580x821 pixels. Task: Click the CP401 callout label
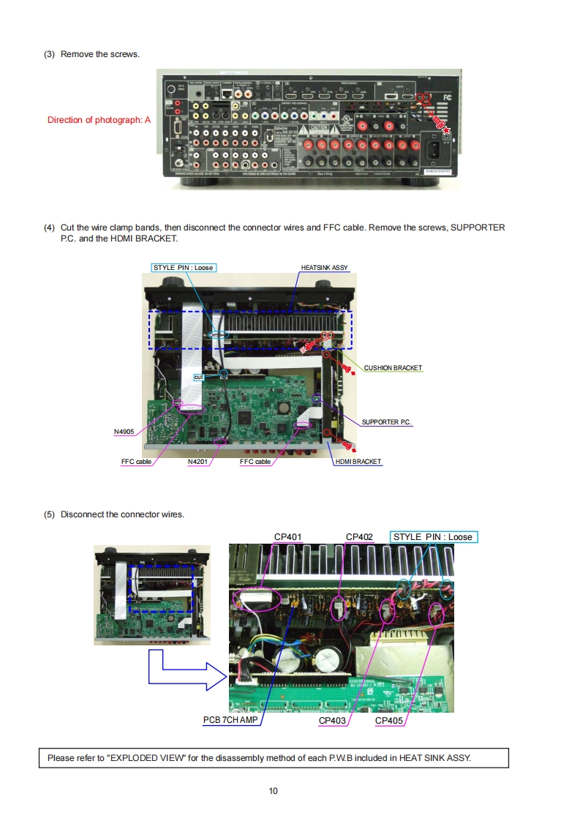point(287,537)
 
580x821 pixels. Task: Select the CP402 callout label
point(359,537)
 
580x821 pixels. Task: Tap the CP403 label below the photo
point(332,721)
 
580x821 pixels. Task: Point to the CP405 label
point(388,721)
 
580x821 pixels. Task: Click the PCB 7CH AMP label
point(230,721)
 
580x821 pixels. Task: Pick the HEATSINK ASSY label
point(324,268)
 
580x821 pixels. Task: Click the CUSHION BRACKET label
point(393,367)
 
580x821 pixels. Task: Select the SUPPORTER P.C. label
point(386,422)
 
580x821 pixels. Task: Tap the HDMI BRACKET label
point(358,462)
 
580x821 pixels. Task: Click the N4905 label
point(124,432)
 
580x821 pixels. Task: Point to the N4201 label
point(197,462)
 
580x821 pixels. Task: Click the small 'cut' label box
point(197,377)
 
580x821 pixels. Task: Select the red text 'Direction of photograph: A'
point(99,120)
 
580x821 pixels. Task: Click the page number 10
point(273,790)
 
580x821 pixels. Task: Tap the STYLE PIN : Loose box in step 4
point(184,268)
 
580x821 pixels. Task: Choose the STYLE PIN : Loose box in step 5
point(433,537)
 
